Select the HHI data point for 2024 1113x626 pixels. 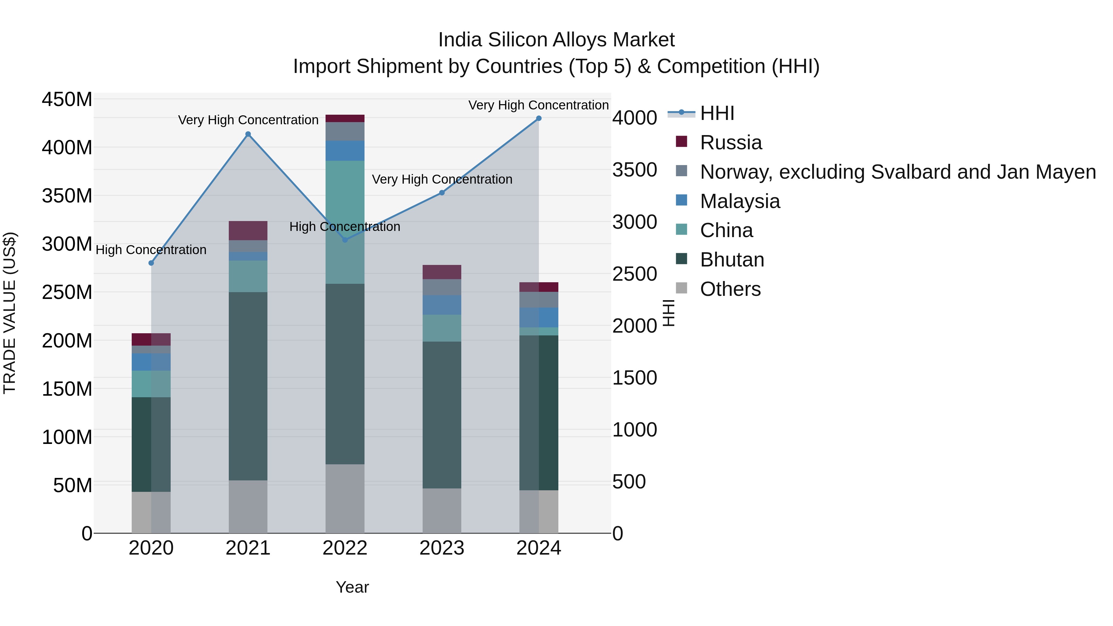point(539,118)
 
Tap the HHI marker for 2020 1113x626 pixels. point(151,263)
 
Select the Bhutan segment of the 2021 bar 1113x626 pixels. point(248,386)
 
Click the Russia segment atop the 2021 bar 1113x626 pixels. point(248,231)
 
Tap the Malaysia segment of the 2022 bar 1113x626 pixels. point(345,151)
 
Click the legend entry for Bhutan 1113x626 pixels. point(732,260)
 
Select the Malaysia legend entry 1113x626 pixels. point(740,201)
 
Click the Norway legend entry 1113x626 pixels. point(898,172)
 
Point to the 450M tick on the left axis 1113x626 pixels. point(67,100)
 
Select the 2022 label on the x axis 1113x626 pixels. point(345,548)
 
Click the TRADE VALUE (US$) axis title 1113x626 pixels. point(10,313)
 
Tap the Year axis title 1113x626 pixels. point(352,587)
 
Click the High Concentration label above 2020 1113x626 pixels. point(151,250)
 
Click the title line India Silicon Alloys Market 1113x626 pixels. point(556,40)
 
